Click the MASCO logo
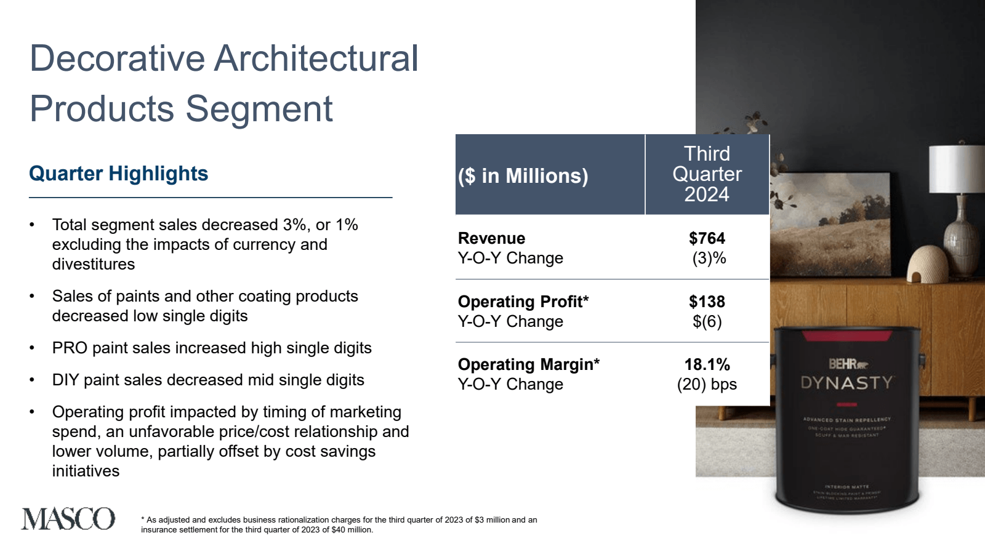coord(68,519)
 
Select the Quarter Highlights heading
coord(119,174)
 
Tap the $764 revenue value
coord(707,238)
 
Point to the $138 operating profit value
coord(707,302)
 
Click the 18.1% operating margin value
coord(707,364)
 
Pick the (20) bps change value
coord(707,384)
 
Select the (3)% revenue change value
coord(709,258)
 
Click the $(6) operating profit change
coord(707,321)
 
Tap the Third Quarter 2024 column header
coord(707,174)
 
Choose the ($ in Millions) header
coord(523,176)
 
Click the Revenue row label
coord(492,238)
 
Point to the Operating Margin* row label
coord(529,364)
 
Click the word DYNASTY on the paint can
coord(846,383)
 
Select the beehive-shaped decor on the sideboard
coord(930,264)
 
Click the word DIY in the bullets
coord(66,380)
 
